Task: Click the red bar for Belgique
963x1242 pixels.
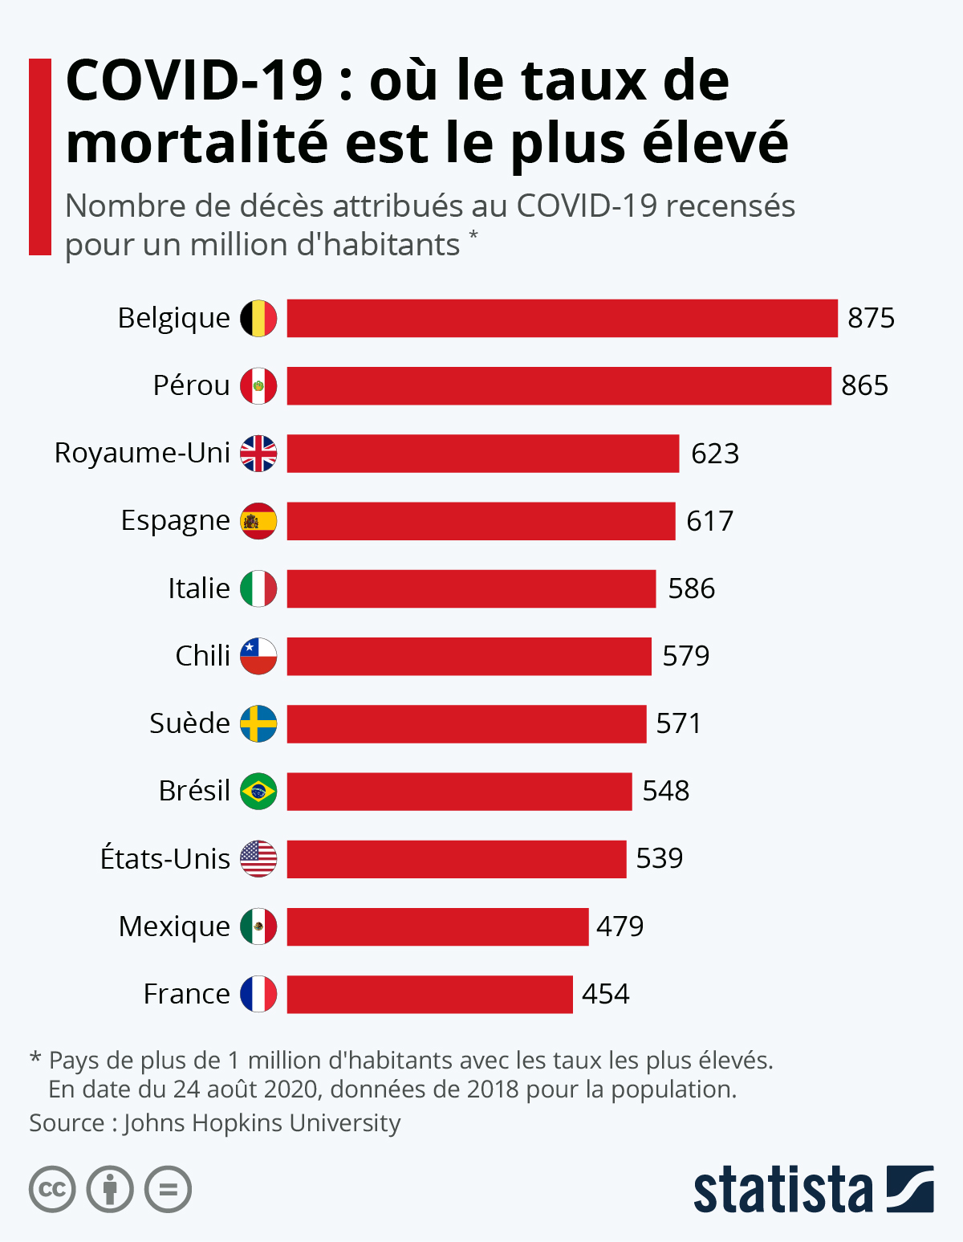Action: click(562, 318)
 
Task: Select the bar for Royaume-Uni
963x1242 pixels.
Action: click(483, 454)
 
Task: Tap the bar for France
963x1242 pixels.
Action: click(429, 994)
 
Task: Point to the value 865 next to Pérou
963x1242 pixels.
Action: click(864, 386)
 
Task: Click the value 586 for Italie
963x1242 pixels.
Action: click(691, 588)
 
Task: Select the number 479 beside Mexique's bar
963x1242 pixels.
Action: click(620, 926)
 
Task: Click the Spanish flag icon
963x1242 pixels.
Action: click(258, 521)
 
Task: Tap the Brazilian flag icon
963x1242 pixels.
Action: click(258, 792)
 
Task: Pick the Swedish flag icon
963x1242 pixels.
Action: click(258, 723)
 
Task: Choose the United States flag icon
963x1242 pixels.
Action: click(258, 859)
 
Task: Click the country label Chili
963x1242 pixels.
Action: click(202, 656)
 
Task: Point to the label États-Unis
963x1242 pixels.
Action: click(165, 859)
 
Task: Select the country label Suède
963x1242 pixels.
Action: click(189, 723)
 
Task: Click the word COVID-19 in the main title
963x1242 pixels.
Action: click(193, 81)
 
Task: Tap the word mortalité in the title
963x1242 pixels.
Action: click(197, 144)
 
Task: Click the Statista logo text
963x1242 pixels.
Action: click(782, 1189)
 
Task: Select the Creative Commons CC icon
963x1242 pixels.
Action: click(52, 1189)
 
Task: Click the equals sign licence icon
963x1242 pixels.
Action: click(168, 1189)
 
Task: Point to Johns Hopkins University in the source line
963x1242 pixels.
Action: click(262, 1122)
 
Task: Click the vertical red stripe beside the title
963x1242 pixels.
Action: click(40, 157)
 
